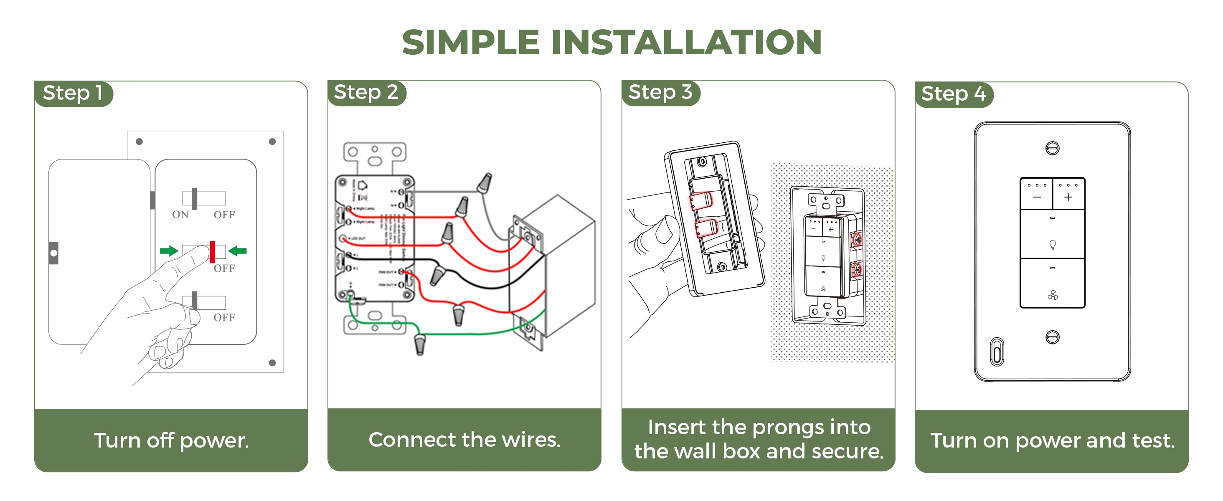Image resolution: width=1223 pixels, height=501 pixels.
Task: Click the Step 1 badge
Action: pyautogui.click(x=73, y=93)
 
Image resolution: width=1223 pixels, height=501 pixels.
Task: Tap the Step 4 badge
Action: pyautogui.click(x=953, y=94)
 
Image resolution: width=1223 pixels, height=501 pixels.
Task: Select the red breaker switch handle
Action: pyautogui.click(x=212, y=252)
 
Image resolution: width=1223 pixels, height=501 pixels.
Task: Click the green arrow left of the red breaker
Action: pyautogui.click(x=169, y=251)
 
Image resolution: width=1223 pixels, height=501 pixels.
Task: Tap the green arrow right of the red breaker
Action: pyautogui.click(x=237, y=251)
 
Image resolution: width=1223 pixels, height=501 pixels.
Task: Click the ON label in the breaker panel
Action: pyautogui.click(x=180, y=215)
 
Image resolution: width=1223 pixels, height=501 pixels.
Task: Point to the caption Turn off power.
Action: pyautogui.click(x=171, y=441)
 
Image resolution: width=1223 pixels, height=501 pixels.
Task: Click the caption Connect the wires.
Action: pyautogui.click(x=464, y=440)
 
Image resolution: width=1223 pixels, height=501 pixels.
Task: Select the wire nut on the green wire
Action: pyautogui.click(x=420, y=344)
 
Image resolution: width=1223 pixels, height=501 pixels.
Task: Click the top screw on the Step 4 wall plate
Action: pyautogui.click(x=1052, y=149)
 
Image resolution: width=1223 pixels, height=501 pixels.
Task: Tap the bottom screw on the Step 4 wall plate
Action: pyautogui.click(x=1052, y=337)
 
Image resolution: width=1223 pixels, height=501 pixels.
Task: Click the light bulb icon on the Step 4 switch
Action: pyautogui.click(x=1052, y=245)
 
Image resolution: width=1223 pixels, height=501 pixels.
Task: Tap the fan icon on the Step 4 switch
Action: pyautogui.click(x=1052, y=296)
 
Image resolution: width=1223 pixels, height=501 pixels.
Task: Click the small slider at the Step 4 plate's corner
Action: pyautogui.click(x=997, y=352)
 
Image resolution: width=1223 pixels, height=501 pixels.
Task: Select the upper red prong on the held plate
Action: pyautogui.click(x=701, y=202)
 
